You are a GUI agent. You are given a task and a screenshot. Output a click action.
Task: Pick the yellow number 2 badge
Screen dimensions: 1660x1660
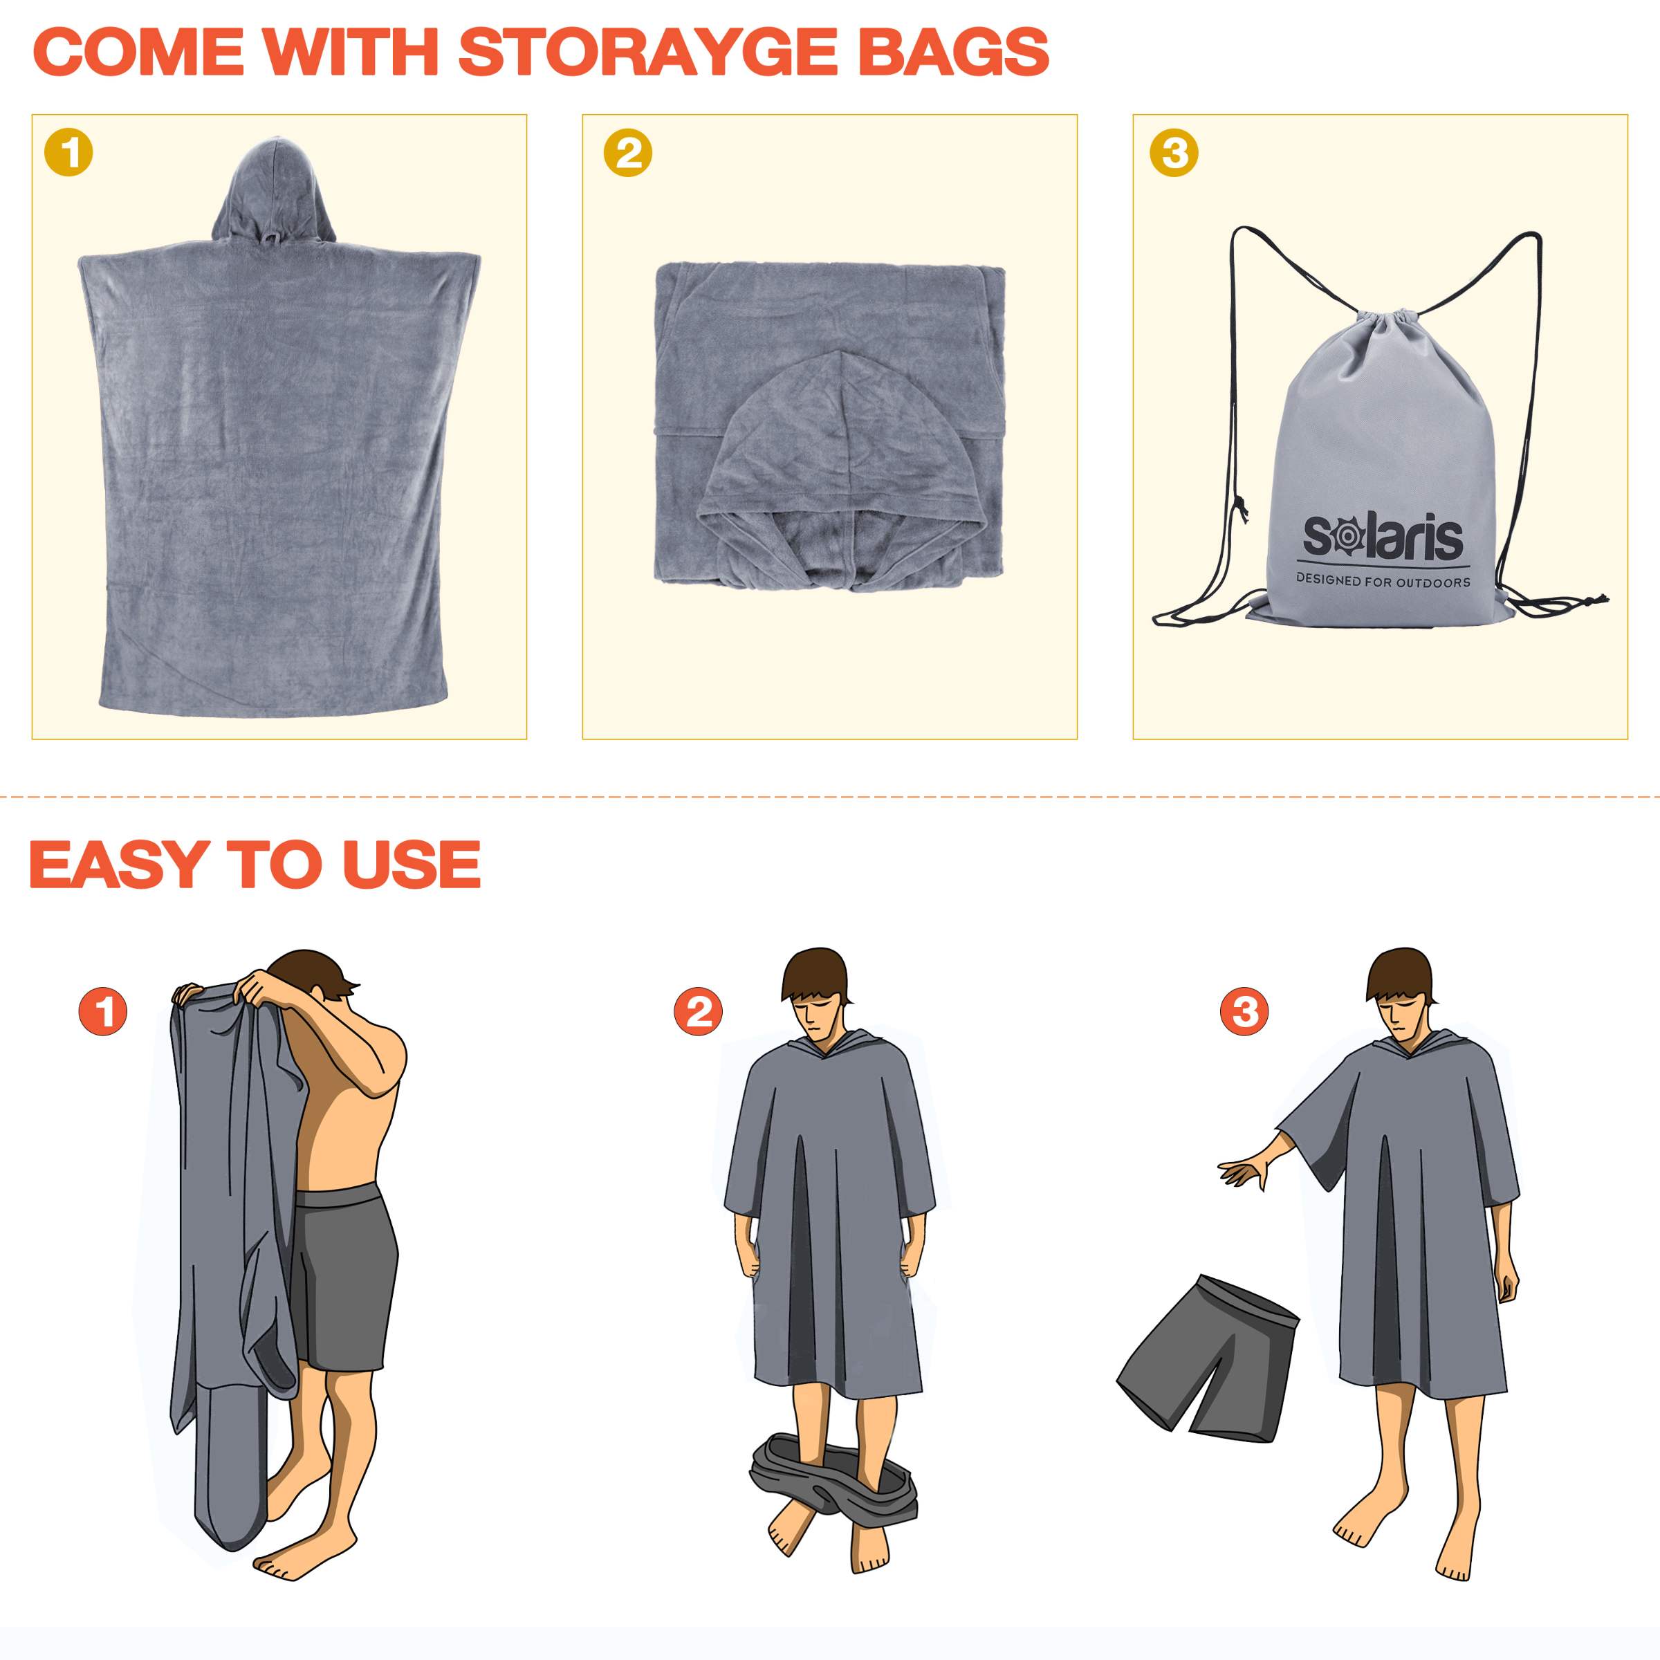628,154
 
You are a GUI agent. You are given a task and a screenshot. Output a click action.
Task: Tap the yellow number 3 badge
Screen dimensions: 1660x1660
1174,154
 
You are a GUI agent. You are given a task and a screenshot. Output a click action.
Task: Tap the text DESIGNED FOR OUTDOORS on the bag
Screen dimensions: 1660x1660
1383,582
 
